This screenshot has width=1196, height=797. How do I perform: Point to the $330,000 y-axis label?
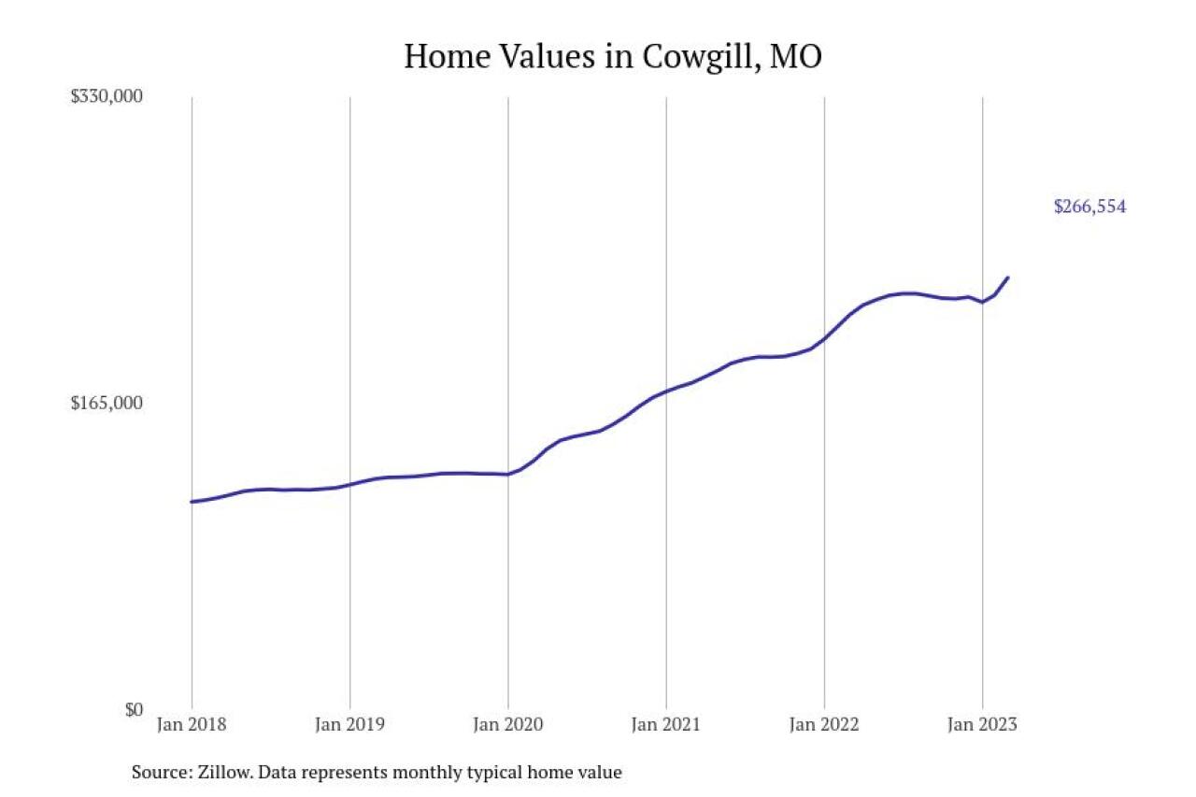point(107,96)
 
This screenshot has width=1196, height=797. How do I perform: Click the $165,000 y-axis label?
point(107,403)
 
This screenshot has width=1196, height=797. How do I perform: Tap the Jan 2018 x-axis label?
point(192,725)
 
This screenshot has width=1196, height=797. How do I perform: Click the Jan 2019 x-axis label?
point(349,725)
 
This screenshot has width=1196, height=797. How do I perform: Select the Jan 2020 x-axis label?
point(508,725)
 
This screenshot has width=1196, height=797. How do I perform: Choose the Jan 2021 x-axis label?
point(666,725)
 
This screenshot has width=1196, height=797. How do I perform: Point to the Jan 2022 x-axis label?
point(824,725)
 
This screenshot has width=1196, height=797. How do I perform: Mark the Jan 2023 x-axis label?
point(983,725)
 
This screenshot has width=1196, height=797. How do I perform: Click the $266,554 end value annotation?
point(1089,206)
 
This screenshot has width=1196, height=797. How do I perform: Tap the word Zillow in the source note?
point(222,773)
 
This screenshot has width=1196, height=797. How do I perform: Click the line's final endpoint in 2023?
point(1008,278)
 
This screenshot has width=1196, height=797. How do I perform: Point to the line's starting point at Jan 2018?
point(192,502)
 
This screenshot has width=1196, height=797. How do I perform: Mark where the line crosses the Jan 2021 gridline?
point(666,391)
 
